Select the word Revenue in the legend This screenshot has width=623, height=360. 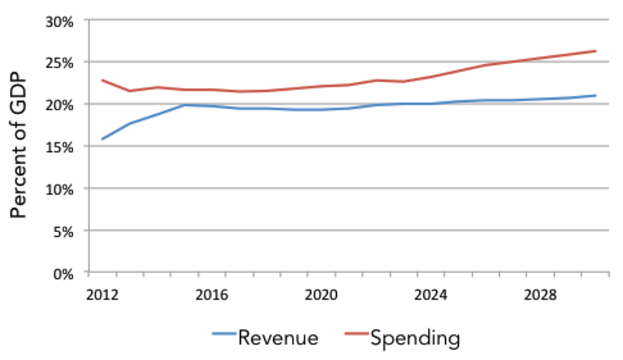pyautogui.click(x=278, y=338)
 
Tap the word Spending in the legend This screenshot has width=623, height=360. pyautogui.click(x=415, y=338)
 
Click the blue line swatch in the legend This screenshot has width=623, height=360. pyautogui.click(x=225, y=335)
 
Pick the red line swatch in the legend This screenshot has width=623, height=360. pyautogui.click(x=355, y=335)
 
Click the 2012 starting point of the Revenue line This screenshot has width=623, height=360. pyautogui.click(x=103, y=139)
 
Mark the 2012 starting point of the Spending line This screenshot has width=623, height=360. pyautogui.click(x=103, y=80)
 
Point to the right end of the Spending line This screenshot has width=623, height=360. pyautogui.click(x=596, y=51)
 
